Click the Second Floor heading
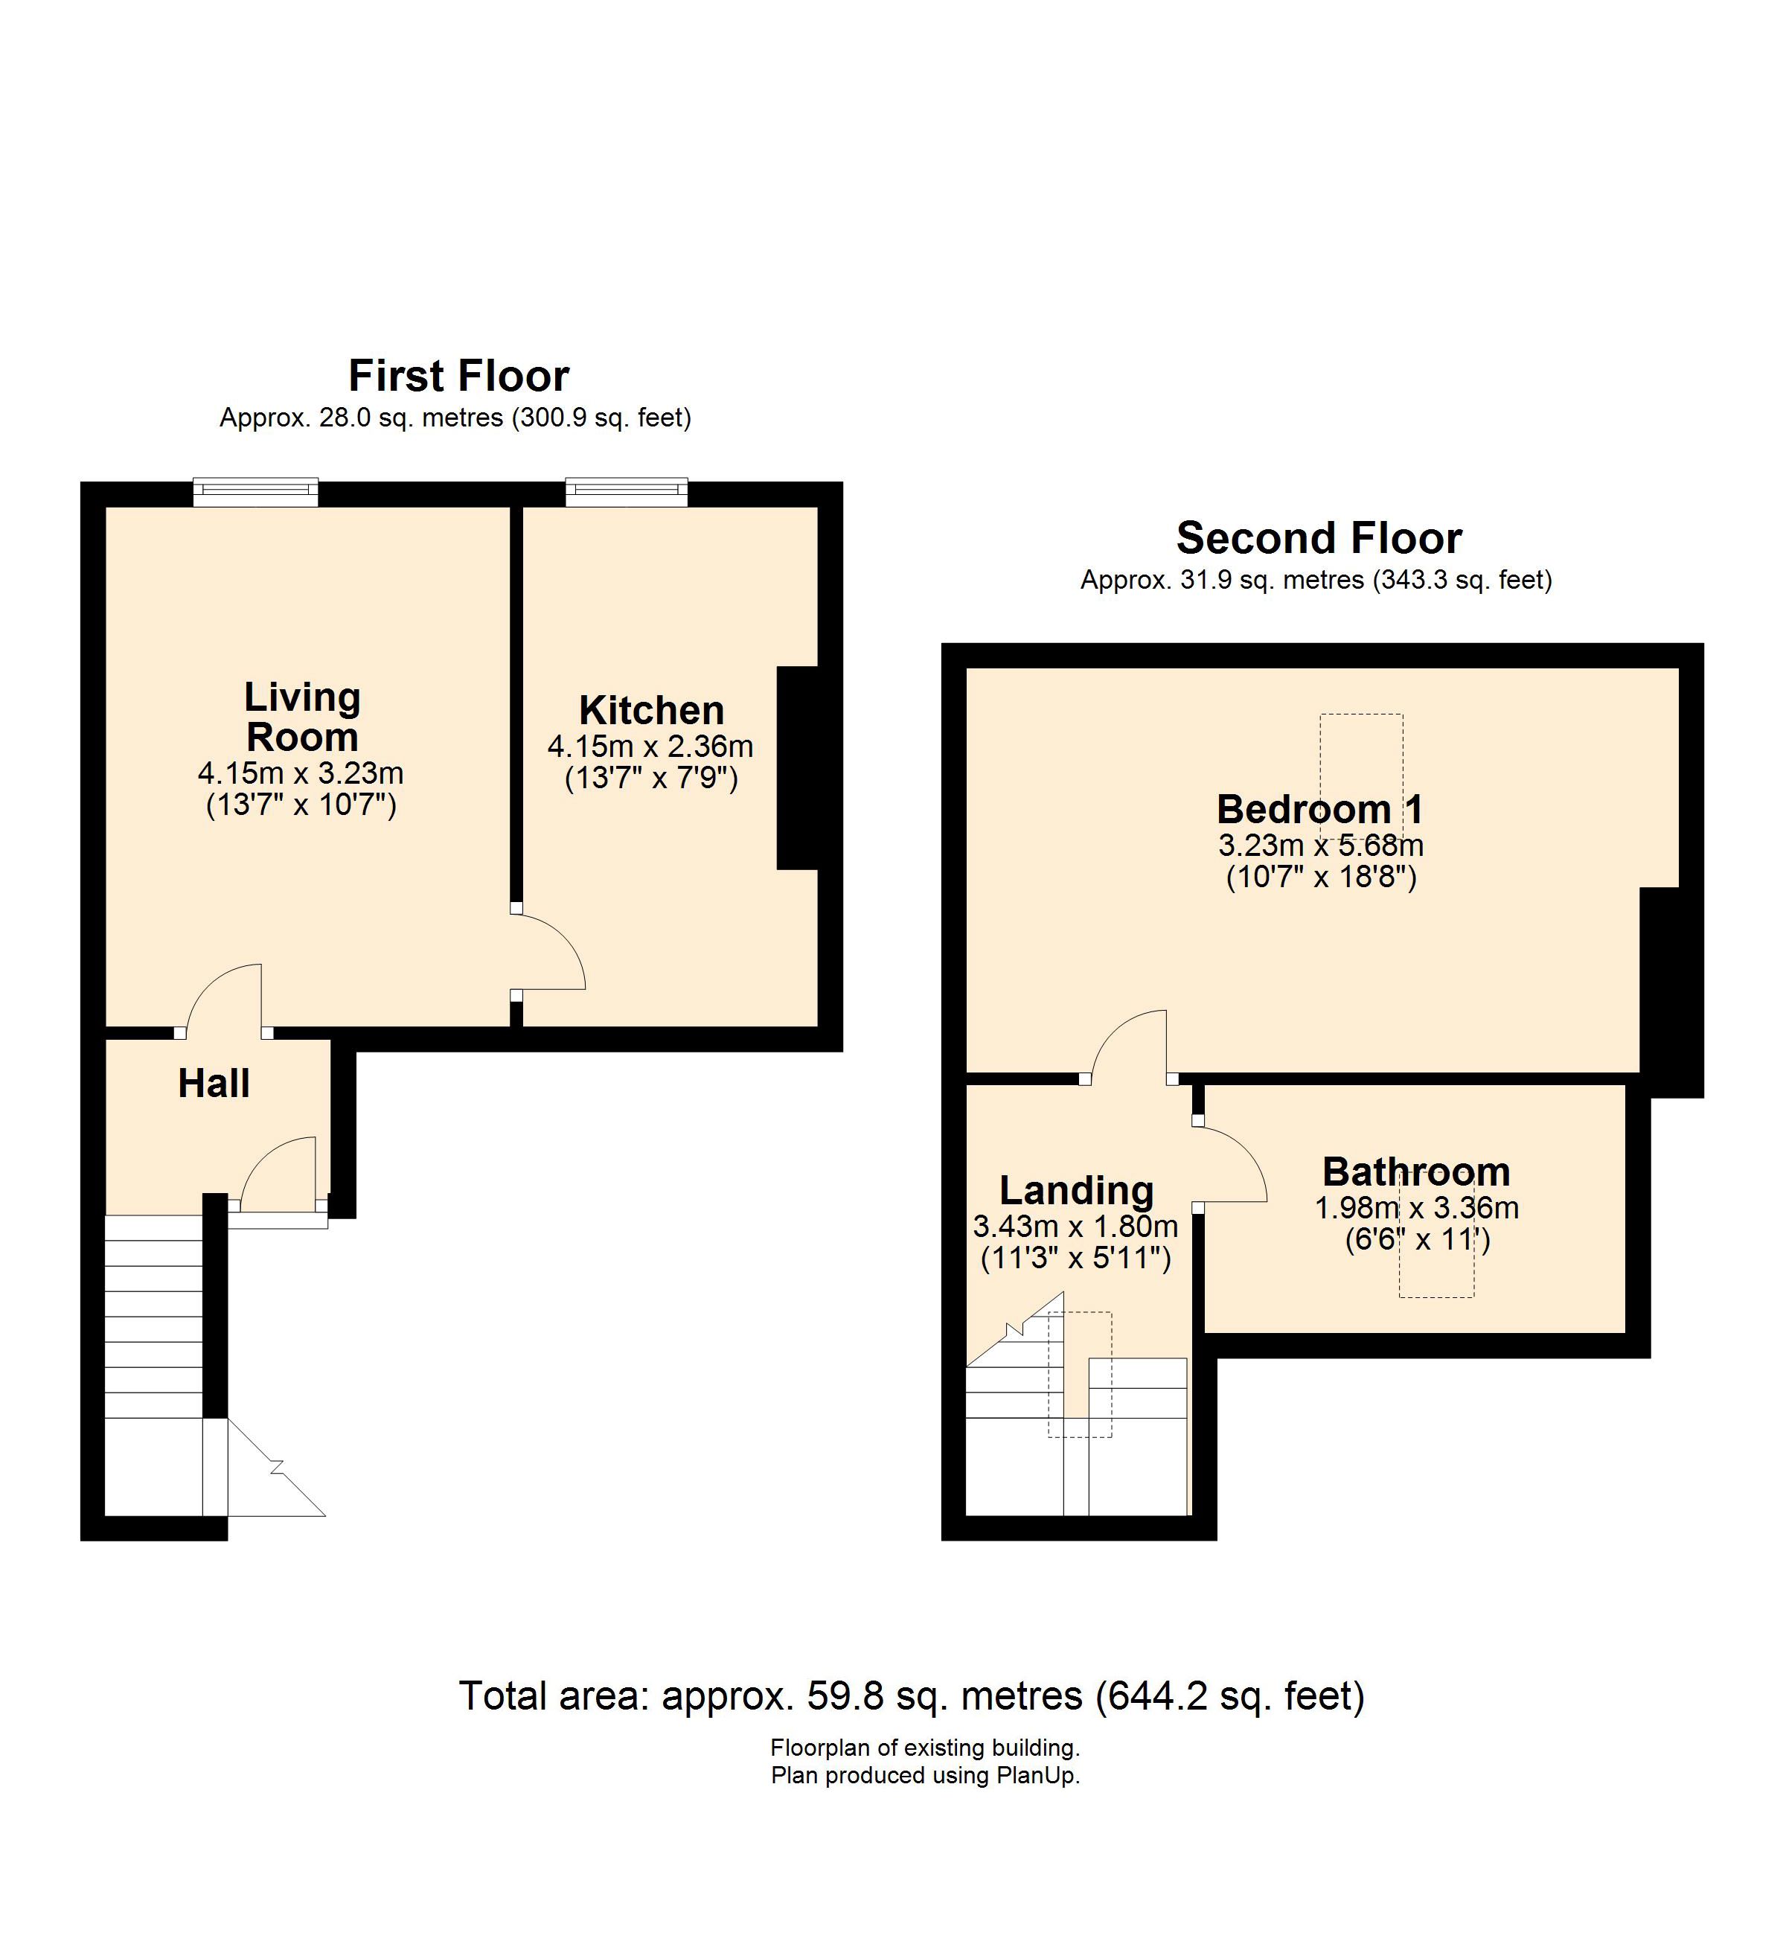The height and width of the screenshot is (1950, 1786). click(x=1319, y=538)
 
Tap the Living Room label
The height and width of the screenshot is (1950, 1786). click(x=303, y=717)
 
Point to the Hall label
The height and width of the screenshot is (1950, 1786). click(x=214, y=1084)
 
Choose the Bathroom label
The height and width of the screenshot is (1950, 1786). click(x=1417, y=1171)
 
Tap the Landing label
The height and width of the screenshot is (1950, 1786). click(x=1076, y=1191)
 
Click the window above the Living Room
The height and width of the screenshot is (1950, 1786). click(x=255, y=492)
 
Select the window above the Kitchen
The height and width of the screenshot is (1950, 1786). click(x=627, y=492)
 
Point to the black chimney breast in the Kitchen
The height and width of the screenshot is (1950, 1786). click(x=798, y=768)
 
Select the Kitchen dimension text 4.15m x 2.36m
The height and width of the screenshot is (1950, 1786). click(x=650, y=747)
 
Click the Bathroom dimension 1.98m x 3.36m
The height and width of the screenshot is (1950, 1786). click(x=1417, y=1208)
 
